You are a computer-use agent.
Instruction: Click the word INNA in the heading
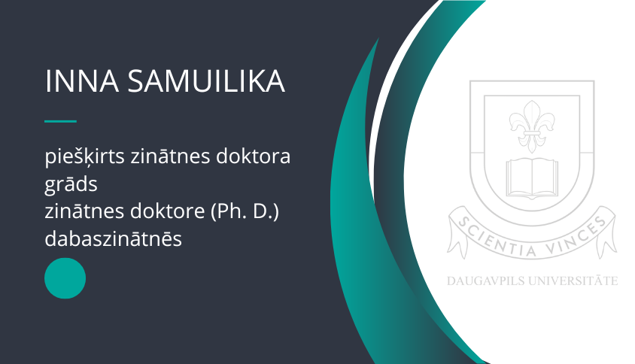point(82,81)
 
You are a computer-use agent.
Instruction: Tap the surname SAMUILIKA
point(207,81)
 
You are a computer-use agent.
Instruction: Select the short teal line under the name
point(60,121)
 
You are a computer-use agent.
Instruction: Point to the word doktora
point(253,156)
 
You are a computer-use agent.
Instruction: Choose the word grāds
point(71,184)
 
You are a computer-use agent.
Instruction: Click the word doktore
point(167,211)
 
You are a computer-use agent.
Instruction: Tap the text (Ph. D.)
point(245,212)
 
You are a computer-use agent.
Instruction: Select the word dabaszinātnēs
point(113,238)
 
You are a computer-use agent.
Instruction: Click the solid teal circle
point(65,278)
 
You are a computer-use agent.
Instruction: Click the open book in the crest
point(532,178)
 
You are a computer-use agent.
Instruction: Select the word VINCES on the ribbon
point(577,238)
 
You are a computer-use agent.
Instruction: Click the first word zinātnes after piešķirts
point(170,156)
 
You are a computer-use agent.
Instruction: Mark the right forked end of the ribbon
point(607,240)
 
